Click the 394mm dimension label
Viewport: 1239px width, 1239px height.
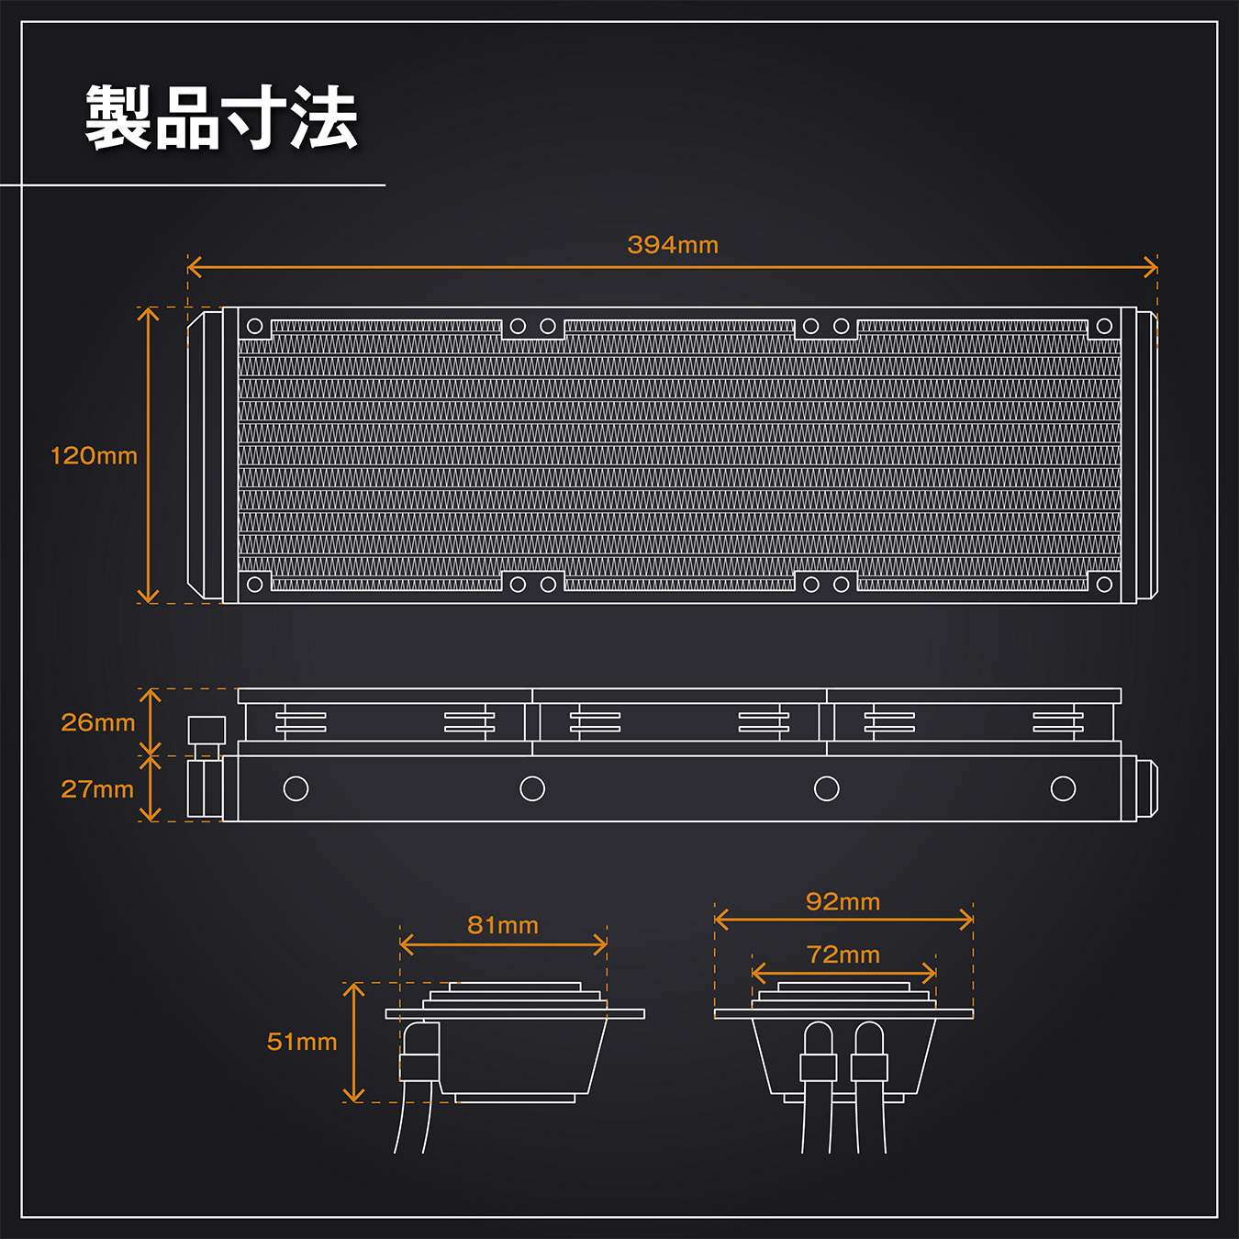click(x=673, y=245)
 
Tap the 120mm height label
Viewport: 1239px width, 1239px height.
click(x=94, y=455)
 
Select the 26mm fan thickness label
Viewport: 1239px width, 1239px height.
click(x=97, y=722)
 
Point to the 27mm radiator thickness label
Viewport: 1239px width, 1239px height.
click(x=97, y=789)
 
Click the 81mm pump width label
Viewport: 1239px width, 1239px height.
click(x=503, y=925)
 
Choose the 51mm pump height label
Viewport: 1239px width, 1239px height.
click(x=302, y=1042)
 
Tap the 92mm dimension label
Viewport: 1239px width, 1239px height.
click(x=843, y=902)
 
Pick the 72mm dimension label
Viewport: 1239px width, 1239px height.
click(x=843, y=954)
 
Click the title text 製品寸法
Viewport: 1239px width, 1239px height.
click(x=221, y=118)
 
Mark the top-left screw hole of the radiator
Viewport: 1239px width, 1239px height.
click(x=255, y=326)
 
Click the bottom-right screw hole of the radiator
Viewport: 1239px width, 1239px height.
click(x=1104, y=585)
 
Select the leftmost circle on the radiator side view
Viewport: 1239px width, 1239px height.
click(x=296, y=788)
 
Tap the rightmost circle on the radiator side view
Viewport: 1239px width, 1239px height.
click(x=1063, y=788)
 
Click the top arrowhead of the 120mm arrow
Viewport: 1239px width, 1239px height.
click(x=149, y=311)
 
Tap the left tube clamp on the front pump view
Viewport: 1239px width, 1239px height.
click(x=818, y=1067)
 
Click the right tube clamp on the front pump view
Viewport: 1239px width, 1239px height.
click(x=869, y=1067)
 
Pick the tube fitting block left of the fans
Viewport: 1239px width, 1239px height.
click(x=206, y=731)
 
